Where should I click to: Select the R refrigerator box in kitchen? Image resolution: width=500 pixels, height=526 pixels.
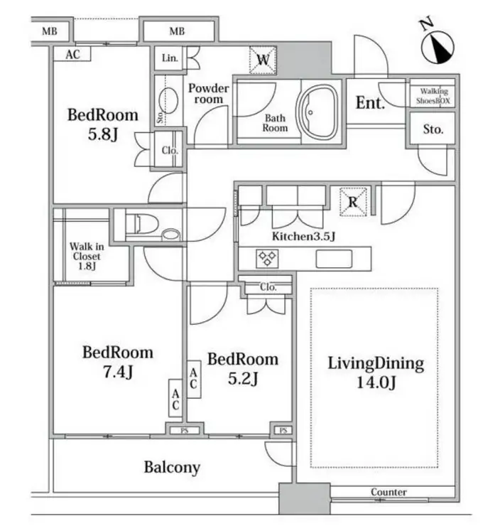352,201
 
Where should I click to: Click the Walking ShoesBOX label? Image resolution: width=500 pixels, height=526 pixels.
433,96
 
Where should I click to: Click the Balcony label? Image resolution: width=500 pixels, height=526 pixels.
172,467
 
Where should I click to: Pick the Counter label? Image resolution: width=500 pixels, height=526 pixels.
388,492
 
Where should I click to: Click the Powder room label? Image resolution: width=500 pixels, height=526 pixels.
208,94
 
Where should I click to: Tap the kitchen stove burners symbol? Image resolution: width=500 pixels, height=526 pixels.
267,258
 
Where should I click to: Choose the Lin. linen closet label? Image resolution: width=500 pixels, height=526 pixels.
170,58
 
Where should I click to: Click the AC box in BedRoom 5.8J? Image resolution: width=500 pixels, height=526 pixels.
72,55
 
